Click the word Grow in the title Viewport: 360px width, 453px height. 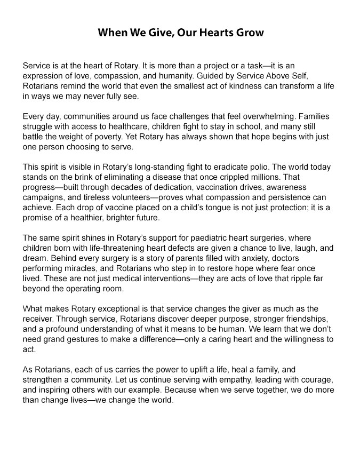click(x=247, y=33)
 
